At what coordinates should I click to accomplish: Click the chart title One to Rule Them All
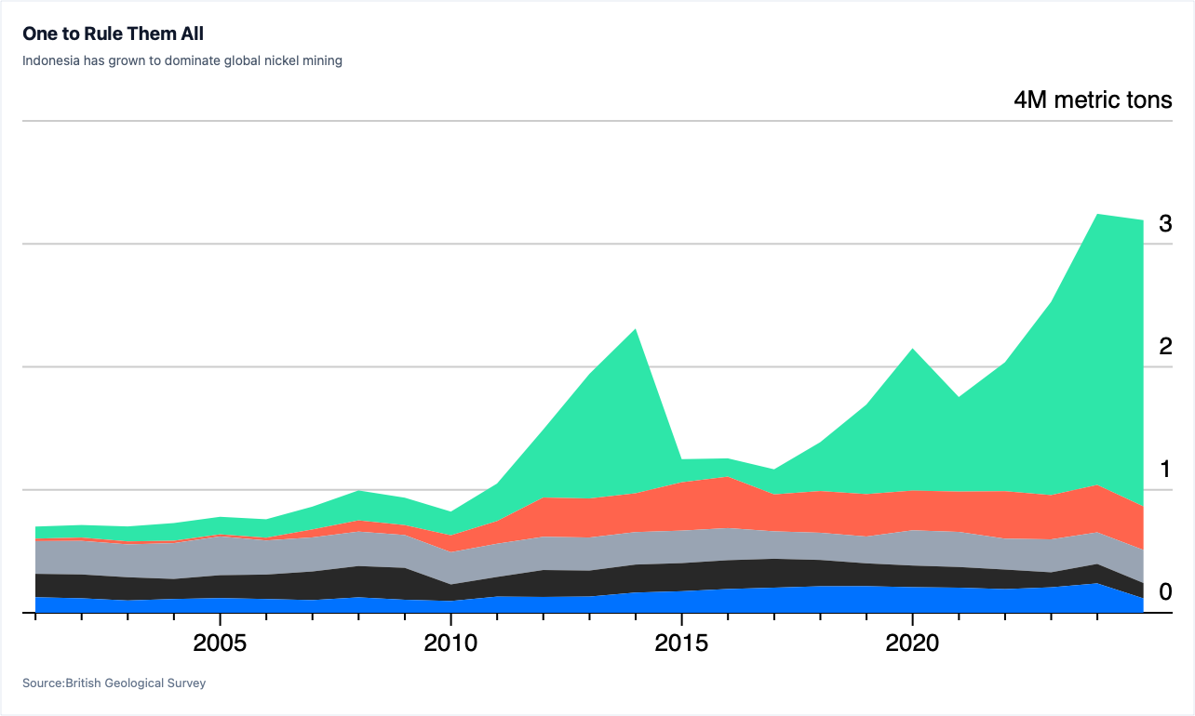pos(114,33)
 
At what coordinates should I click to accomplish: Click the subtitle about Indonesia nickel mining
pos(181,60)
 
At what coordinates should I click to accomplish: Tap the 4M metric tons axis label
pos(1093,100)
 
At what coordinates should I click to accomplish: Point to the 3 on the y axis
pos(1165,223)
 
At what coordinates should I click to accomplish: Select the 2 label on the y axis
pos(1165,347)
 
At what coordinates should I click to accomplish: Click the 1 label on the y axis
pos(1165,470)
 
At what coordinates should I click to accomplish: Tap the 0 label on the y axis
pos(1165,591)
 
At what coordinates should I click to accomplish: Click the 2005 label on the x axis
pos(220,643)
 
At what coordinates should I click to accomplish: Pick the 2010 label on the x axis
pos(450,643)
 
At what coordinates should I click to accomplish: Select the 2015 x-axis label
pos(681,643)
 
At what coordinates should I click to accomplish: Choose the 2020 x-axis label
pos(912,643)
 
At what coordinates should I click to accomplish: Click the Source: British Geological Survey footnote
pos(114,683)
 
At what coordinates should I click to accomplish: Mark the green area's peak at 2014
pos(636,329)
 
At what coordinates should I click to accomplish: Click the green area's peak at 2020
pos(913,350)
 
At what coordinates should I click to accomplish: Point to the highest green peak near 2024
pos(1097,214)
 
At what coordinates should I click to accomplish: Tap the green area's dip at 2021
pos(959,397)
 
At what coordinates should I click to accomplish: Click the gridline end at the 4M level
pos(1172,121)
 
